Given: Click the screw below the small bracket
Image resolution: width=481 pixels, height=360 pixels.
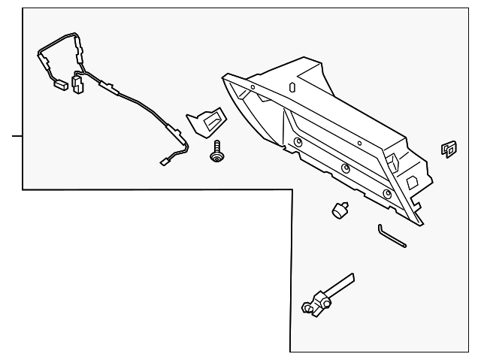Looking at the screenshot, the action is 217,153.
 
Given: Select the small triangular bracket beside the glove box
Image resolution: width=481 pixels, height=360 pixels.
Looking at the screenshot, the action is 205,122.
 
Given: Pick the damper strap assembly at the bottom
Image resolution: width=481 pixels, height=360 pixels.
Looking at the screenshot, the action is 325,298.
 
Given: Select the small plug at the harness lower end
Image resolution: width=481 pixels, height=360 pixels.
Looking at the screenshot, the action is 166,162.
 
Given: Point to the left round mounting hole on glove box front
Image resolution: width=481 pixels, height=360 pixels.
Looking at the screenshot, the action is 298,142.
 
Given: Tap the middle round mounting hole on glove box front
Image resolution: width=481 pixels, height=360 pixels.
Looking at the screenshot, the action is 345,168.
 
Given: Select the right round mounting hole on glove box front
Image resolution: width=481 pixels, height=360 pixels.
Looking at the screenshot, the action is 387,194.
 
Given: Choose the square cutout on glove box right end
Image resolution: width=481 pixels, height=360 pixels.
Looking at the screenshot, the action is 413,180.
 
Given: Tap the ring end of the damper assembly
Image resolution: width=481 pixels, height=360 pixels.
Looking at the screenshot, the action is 308,307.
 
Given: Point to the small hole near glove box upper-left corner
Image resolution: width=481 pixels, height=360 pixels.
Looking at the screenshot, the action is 253,87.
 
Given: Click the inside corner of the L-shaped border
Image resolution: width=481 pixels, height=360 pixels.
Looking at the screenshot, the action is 290,190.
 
